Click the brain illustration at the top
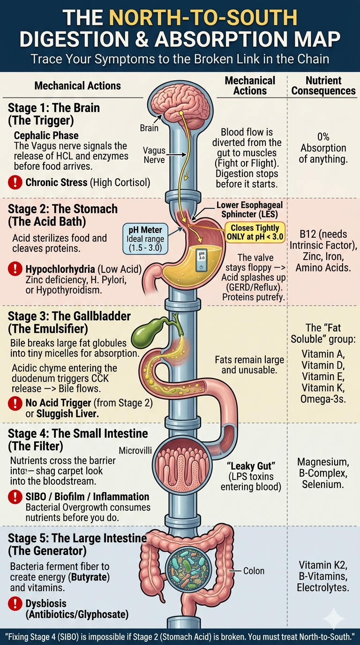tap(180, 105)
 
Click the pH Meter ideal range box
tap(145, 239)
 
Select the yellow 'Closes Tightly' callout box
tap(255, 232)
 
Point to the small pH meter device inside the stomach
tap(201, 260)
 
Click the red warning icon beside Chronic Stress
tap(15, 182)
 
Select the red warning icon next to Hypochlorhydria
tap(15, 269)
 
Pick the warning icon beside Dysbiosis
tap(15, 603)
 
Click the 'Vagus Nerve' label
tap(154, 155)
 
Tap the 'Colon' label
tap(254, 571)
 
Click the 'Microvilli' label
tap(135, 450)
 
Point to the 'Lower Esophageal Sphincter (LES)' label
tap(249, 210)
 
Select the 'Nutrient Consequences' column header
tap(323, 85)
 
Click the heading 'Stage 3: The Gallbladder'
tap(69, 316)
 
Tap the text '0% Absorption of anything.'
tap(323, 148)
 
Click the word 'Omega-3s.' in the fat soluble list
tap(323, 399)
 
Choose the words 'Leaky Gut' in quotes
tap(251, 465)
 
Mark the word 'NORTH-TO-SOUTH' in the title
tap(203, 17)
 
